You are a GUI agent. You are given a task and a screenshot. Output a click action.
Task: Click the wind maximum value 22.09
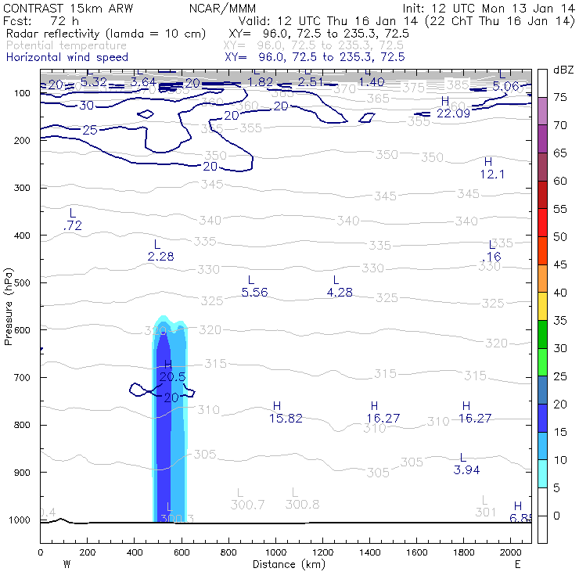coord(452,113)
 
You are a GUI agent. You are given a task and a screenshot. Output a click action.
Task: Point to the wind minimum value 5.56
coord(254,293)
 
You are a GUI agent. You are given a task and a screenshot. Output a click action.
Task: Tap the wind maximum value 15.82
coord(286,419)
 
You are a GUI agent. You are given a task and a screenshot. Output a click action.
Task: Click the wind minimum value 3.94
coord(466,470)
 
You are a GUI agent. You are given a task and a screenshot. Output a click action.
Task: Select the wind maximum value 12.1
coord(491,174)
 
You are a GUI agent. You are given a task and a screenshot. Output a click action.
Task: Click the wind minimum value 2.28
coord(160,256)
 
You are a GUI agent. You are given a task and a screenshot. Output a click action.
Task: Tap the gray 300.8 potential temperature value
coord(302,505)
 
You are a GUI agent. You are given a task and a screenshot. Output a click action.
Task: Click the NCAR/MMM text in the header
coord(222,9)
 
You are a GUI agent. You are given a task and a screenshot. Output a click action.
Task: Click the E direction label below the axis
coord(517,564)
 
